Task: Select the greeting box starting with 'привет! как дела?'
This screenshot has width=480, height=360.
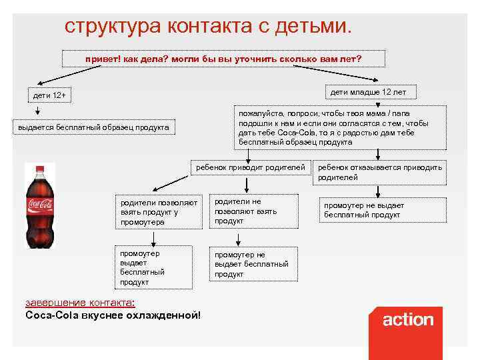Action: pos(223,59)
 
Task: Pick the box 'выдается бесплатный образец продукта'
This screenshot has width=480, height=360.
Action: pos(94,127)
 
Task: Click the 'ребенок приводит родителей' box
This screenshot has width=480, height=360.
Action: pos(250,167)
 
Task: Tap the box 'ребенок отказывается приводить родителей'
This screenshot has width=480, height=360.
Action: pos(379,172)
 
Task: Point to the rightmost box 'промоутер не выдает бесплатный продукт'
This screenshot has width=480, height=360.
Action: pos(379,211)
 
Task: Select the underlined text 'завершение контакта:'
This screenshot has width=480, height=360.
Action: pos(79,302)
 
